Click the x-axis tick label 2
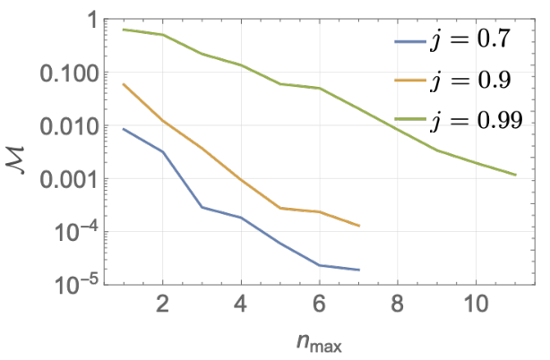162,304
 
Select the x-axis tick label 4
241,304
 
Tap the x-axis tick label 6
319,304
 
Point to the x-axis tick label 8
398,304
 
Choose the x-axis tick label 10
476,304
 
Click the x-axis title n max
319,342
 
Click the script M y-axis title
15,159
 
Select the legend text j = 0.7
469,39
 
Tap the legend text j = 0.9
469,81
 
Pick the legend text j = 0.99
477,121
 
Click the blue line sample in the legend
410,41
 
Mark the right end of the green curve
516,175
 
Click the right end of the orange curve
359,226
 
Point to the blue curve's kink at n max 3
202,207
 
